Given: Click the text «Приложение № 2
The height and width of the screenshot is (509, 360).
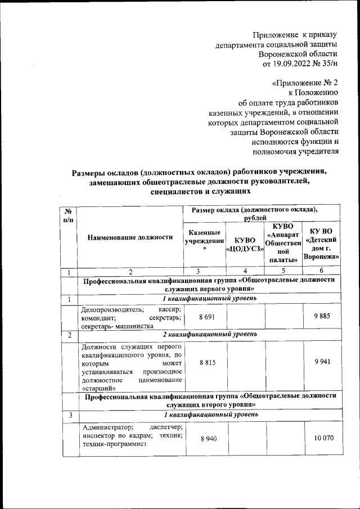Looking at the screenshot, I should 304,83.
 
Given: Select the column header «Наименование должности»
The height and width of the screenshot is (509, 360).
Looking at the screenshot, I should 130,237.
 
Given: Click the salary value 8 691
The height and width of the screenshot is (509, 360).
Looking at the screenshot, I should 204,317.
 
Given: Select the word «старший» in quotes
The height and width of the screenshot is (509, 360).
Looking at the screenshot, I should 98,388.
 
